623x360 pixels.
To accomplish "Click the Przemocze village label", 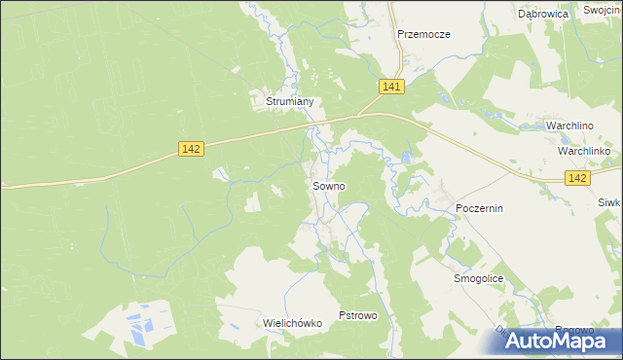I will click(x=423, y=34).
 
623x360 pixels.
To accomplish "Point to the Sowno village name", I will click(x=328, y=185).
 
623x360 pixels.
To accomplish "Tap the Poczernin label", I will click(x=479, y=209).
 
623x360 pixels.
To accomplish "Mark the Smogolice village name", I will click(x=478, y=278).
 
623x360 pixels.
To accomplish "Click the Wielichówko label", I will click(x=292, y=323).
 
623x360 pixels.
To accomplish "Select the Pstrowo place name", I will click(x=356, y=316).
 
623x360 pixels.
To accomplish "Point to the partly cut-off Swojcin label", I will click(x=604, y=9).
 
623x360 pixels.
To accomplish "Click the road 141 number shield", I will click(x=391, y=87).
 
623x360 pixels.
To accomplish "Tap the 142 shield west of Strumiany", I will click(x=191, y=148).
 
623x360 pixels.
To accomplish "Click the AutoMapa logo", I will click(x=550, y=341).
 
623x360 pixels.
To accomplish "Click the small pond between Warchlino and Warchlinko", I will click(x=575, y=140).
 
